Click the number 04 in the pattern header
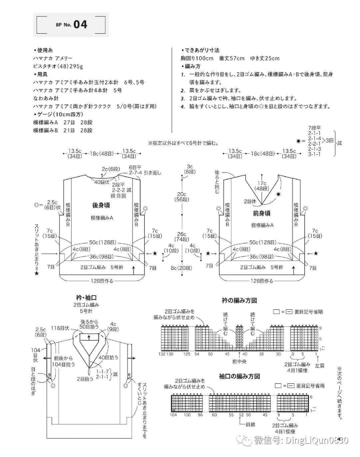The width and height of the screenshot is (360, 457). click(80, 24)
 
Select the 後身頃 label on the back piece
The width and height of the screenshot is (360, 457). click(101, 205)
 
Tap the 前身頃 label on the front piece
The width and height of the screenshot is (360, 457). click(261, 213)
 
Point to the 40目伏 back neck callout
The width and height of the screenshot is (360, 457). click(102, 182)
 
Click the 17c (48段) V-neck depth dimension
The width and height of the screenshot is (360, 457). click(262, 186)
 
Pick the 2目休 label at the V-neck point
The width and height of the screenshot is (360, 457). click(250, 201)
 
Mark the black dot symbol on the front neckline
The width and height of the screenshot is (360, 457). click(278, 194)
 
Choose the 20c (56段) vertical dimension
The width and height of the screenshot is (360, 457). click(182, 197)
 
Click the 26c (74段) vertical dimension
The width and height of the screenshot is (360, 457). click(182, 237)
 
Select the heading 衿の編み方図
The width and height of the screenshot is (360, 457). click(239, 300)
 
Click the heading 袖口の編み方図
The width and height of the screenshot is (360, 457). click(239, 376)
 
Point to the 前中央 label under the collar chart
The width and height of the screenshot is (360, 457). click(239, 361)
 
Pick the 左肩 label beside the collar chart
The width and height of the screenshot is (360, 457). click(319, 366)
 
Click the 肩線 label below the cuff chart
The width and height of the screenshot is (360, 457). click(250, 425)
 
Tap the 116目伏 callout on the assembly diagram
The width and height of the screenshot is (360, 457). click(60, 328)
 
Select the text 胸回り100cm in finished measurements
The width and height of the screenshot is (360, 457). click(197, 58)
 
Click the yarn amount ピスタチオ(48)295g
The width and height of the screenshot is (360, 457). click(58, 66)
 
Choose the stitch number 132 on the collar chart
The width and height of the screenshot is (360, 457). click(162, 354)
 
